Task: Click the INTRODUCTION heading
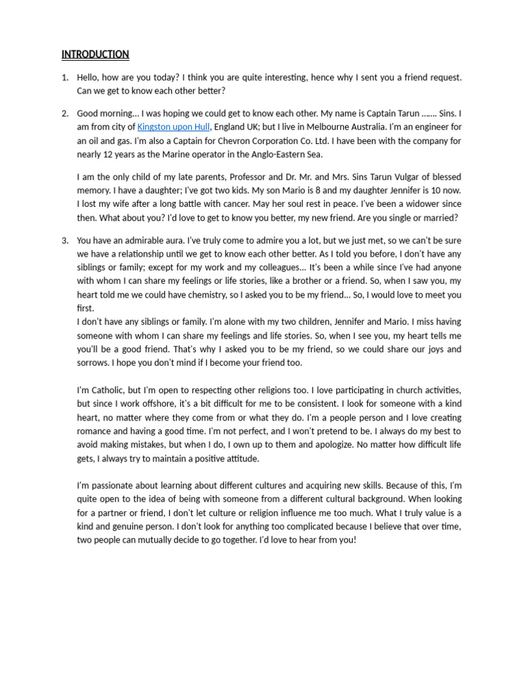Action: [x=95, y=55]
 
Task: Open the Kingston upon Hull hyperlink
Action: [x=173, y=127]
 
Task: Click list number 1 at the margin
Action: [x=65, y=78]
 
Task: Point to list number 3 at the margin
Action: [x=65, y=240]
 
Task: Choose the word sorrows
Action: [x=93, y=362]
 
